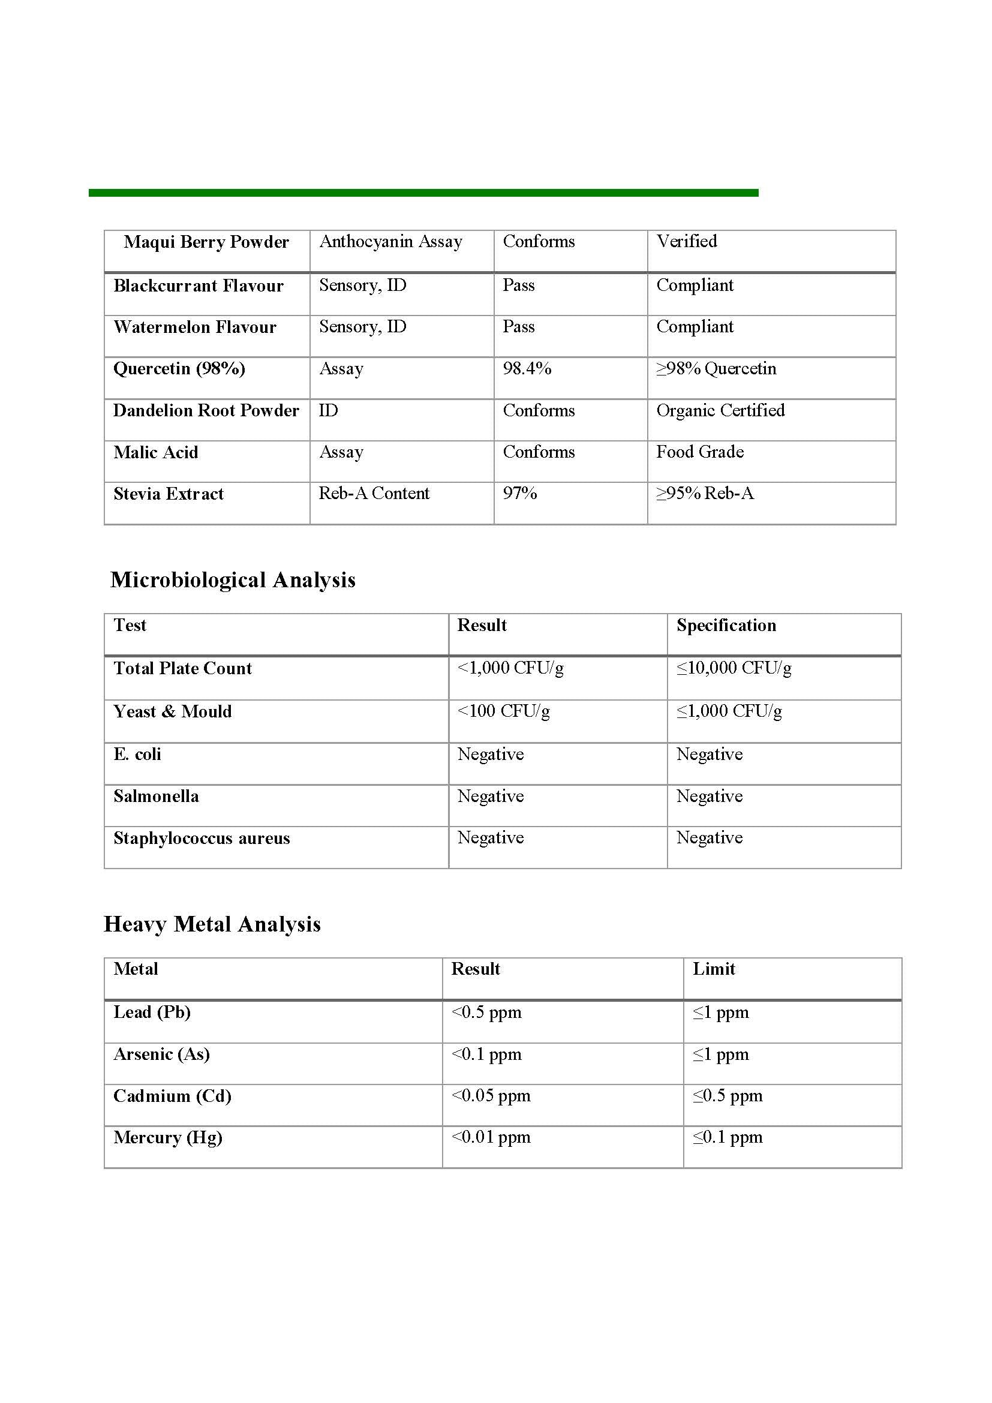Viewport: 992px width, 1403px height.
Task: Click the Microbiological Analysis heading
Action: (x=233, y=580)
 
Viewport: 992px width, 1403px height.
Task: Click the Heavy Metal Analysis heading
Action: (x=212, y=924)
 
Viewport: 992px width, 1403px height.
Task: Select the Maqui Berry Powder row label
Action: (x=206, y=242)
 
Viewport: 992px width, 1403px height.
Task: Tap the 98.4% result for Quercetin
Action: (x=527, y=368)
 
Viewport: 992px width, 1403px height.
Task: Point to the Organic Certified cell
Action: (x=720, y=410)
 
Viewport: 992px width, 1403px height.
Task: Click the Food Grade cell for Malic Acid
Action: (x=700, y=452)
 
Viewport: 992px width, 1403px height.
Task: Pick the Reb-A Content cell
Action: (x=374, y=493)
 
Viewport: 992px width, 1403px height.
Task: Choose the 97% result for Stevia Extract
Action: (x=520, y=493)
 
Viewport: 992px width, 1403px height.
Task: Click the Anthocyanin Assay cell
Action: (x=390, y=241)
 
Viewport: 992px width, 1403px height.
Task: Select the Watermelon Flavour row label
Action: (x=195, y=327)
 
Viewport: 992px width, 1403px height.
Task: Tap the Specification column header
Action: (x=726, y=625)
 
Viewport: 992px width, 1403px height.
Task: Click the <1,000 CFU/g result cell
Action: (x=510, y=668)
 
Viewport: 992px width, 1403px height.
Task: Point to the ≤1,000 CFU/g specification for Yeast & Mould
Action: (x=729, y=711)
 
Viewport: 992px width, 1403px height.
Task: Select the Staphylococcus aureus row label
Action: (x=202, y=838)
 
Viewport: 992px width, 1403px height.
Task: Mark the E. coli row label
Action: (x=137, y=754)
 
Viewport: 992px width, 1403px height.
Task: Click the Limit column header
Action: (x=714, y=969)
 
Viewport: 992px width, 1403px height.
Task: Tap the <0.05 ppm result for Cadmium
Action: (x=491, y=1095)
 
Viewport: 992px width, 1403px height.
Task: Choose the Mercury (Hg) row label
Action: (x=168, y=1137)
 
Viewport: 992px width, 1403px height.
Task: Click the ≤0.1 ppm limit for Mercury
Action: (x=727, y=1137)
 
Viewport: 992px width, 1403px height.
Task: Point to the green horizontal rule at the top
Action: (x=423, y=193)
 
